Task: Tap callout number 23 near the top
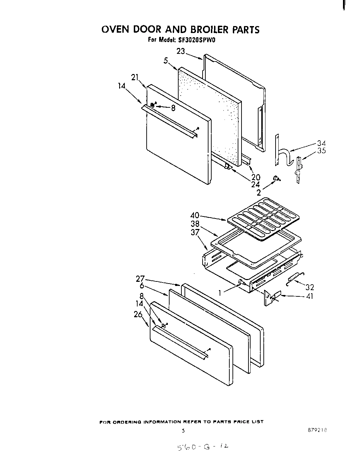181,51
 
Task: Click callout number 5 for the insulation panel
166,61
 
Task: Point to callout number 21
135,77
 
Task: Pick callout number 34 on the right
321,143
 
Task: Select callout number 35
321,151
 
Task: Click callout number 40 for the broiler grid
195,215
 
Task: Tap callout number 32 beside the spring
310,287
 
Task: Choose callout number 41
309,297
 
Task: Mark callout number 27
140,278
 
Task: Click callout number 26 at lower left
138,315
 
